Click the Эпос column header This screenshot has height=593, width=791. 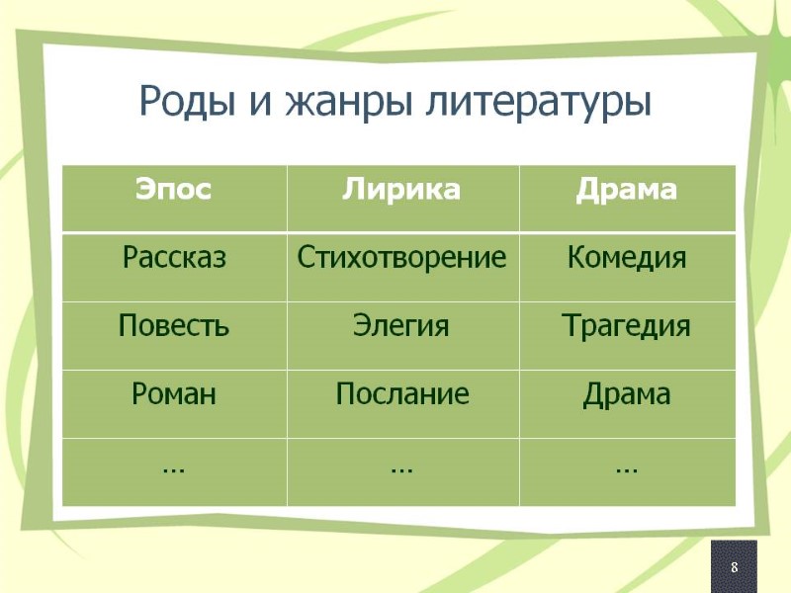(174, 191)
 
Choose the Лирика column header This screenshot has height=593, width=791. (401, 191)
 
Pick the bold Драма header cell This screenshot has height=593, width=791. (626, 191)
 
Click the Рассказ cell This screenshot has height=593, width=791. (174, 259)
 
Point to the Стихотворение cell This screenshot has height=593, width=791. (401, 259)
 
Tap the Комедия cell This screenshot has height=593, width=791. (626, 259)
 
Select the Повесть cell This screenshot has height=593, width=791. (174, 326)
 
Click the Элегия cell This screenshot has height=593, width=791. (401, 326)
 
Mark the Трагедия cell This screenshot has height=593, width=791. (626, 326)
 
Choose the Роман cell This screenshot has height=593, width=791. (174, 394)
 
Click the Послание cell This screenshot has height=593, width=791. (401, 394)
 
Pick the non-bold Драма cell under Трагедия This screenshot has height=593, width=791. (626, 394)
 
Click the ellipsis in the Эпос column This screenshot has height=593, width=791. (174, 467)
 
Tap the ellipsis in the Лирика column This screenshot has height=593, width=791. (401, 467)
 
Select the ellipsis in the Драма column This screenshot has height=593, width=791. (626, 467)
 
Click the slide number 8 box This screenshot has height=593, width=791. (734, 567)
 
